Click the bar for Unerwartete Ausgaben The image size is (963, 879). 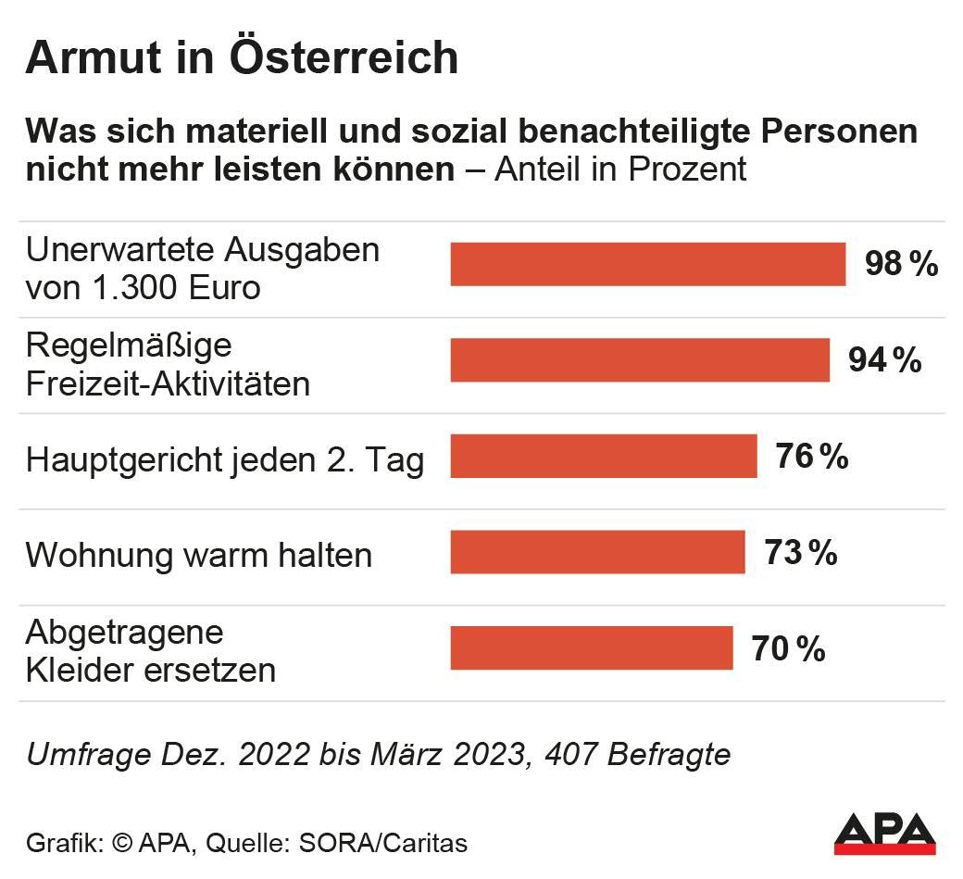pos(647,264)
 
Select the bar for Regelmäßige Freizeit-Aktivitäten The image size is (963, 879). pos(640,360)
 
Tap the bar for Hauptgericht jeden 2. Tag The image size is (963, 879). pos(603,457)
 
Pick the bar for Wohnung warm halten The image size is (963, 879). pos(597,553)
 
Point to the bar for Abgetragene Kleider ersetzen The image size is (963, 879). pos(591,648)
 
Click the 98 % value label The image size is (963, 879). pos(901,265)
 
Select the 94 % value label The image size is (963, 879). pos(884,360)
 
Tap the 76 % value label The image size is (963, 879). pos(811,457)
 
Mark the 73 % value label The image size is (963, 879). pos(800,553)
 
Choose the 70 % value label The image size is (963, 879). pos(787,649)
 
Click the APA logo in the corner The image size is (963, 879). pos(884,833)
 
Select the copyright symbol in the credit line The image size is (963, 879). pos(122,844)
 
